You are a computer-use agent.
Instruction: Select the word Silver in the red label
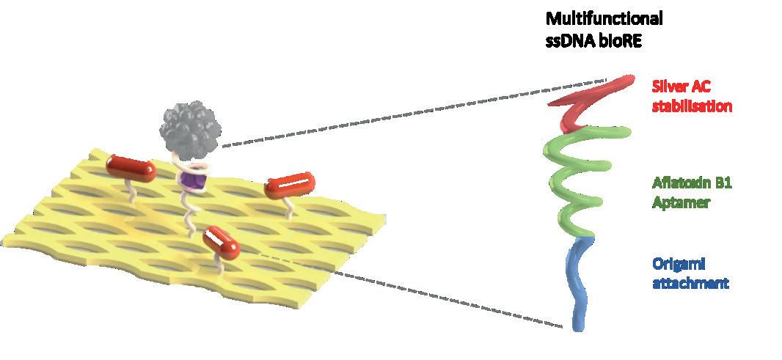669,86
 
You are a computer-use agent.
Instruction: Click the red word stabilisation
692,106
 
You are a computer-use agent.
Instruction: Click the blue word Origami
673,262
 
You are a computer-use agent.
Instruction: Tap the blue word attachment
690,282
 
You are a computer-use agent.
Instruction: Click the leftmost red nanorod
131,167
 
